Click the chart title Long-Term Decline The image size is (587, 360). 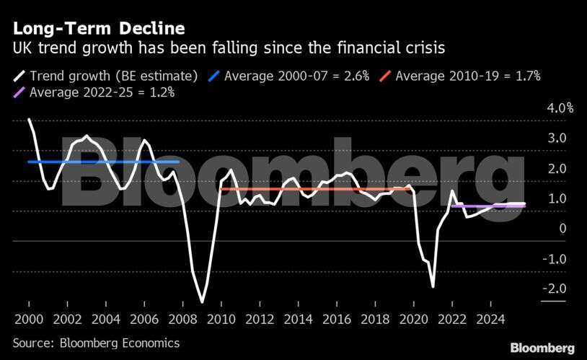(99, 29)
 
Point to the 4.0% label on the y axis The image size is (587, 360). (559, 108)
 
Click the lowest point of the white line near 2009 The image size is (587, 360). (202, 302)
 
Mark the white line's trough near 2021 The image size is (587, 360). (433, 286)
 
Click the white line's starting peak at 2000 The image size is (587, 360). (29, 120)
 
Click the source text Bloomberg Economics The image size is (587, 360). (97, 343)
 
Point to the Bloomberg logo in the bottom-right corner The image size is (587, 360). (543, 348)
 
